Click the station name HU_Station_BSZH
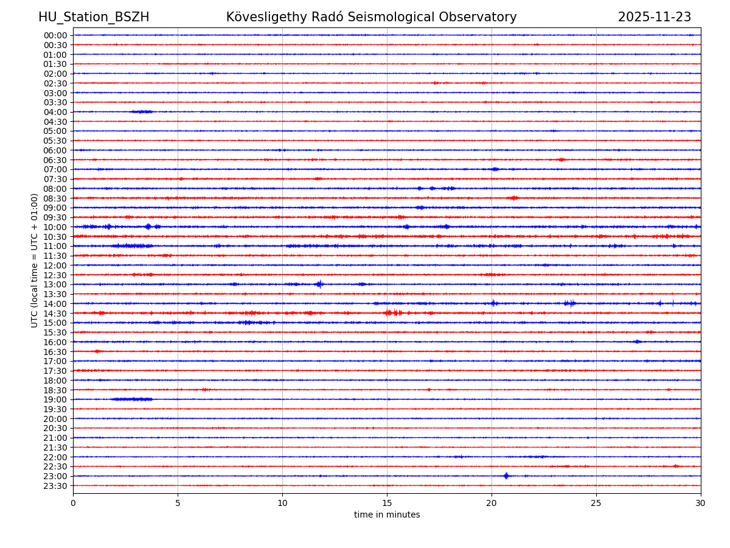[x=94, y=17]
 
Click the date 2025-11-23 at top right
[x=655, y=17]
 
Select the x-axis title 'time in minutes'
[x=387, y=515]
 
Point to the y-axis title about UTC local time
[x=35, y=260]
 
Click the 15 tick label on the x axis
[x=387, y=503]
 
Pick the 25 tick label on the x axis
[x=596, y=503]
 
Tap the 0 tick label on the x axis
[x=73, y=503]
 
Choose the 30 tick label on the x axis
[x=701, y=503]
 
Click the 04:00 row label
[x=55, y=112]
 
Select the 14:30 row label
[x=55, y=313]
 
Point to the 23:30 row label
[x=55, y=486]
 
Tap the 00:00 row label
[x=55, y=35]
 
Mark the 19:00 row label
[x=55, y=399]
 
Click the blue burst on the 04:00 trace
[x=142, y=111]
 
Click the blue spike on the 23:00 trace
[x=506, y=476]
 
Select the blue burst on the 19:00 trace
[x=132, y=399]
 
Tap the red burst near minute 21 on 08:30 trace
[x=514, y=198]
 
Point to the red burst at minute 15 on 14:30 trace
[x=389, y=312]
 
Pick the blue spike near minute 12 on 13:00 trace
[x=319, y=284]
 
